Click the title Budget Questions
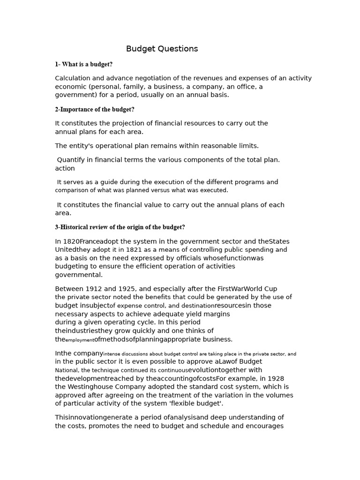(162, 49)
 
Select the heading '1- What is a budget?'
(83, 64)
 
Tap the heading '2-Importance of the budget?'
(95, 109)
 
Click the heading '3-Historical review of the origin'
(120, 227)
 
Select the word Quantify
(72, 160)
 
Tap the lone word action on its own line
(65, 168)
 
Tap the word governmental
(78, 275)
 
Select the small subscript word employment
(80, 340)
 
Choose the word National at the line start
(67, 370)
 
